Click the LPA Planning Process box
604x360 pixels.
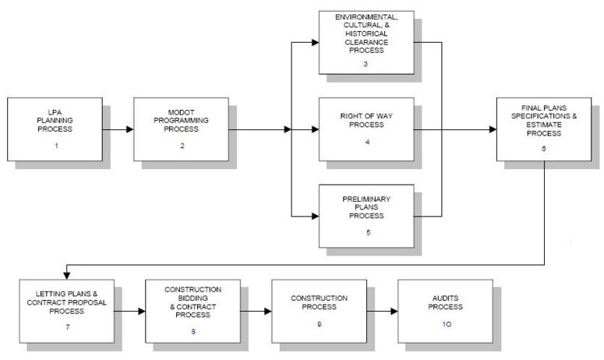pos(55,129)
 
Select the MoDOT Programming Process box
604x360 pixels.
pos(181,129)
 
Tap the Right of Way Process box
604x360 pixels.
pos(366,129)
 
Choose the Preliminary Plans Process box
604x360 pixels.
pos(366,216)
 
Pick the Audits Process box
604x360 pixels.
pos(445,311)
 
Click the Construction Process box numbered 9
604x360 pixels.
pos(319,311)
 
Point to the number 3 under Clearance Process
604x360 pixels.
pos(366,64)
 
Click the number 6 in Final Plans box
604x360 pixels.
pos(543,149)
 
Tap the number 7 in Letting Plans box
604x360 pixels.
pos(68,327)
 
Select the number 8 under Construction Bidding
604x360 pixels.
pos(193,331)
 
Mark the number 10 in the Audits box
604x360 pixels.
pos(447,324)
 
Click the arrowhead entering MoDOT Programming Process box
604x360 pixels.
pos(130,129)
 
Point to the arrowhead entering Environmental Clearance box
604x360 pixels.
pos(316,42)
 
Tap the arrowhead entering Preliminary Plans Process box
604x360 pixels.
pos(316,216)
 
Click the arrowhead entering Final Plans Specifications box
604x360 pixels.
pos(493,129)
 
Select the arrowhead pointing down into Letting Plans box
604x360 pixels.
pos(67,276)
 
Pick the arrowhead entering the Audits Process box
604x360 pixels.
pos(394,311)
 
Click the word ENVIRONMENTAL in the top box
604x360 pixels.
pos(366,17)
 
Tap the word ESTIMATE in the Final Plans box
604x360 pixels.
pos(544,125)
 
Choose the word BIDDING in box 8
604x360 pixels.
pos(193,298)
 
